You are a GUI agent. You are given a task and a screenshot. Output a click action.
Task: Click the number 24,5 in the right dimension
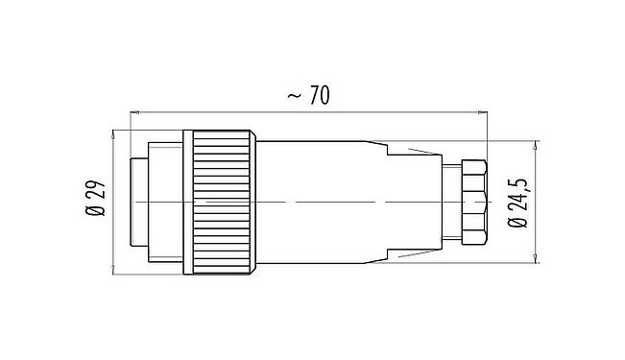tap(519, 195)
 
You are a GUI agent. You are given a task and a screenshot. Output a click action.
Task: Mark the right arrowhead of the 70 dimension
tap(483, 113)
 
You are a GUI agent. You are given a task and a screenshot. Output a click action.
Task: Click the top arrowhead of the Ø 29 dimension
tap(115, 132)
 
